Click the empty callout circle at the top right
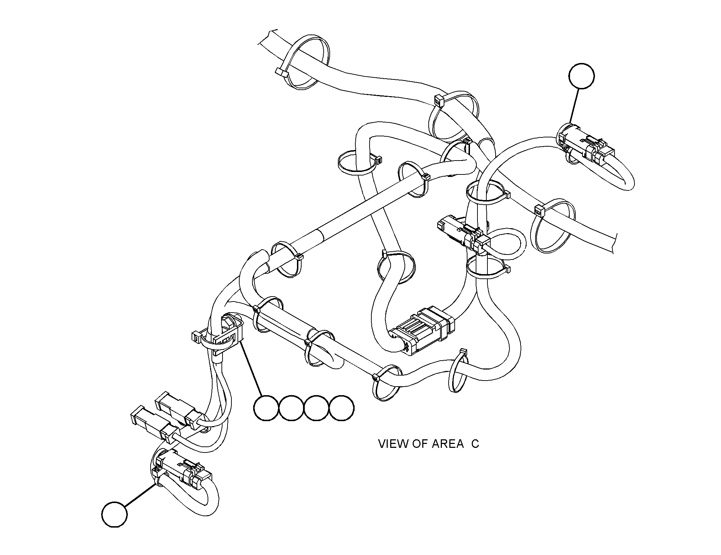(x=581, y=76)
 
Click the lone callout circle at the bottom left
(x=114, y=514)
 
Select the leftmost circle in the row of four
(x=266, y=408)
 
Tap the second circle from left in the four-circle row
(x=291, y=408)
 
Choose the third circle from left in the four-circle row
(x=317, y=408)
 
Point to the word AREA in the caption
(x=448, y=444)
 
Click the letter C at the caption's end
(x=475, y=444)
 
